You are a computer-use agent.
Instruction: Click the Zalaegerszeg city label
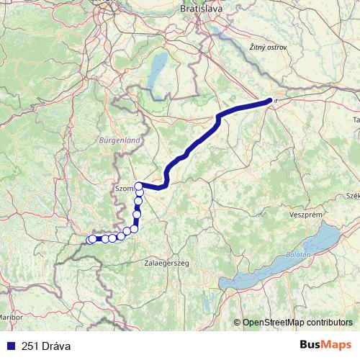click(x=166, y=264)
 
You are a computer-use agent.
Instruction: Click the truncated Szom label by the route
click(x=124, y=188)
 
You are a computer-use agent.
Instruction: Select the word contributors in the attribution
click(x=330, y=323)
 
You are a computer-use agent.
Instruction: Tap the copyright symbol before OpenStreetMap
click(x=238, y=323)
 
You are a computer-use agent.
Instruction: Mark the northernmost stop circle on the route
click(x=139, y=186)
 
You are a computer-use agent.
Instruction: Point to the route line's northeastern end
click(x=270, y=101)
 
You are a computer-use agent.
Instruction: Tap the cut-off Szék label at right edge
click(x=353, y=195)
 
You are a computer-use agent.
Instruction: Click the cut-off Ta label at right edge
click(x=356, y=119)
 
